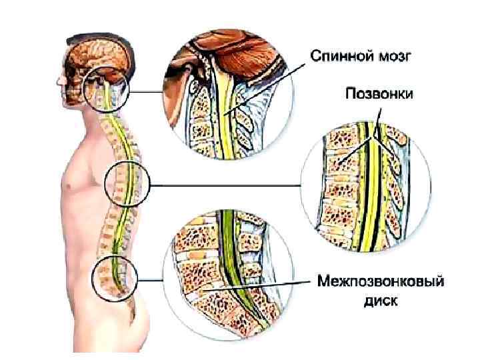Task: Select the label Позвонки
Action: point(379,94)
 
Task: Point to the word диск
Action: point(380,301)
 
